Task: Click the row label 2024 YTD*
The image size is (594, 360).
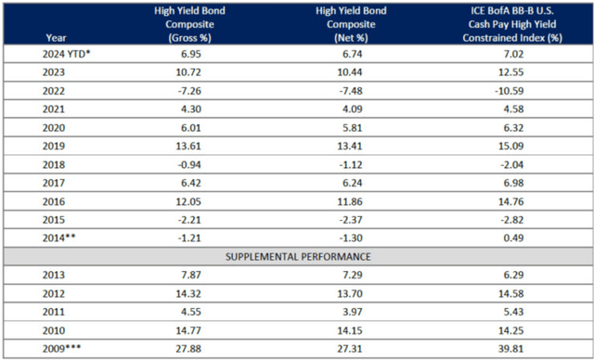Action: (x=67, y=56)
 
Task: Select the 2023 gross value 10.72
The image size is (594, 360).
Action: (x=192, y=73)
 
